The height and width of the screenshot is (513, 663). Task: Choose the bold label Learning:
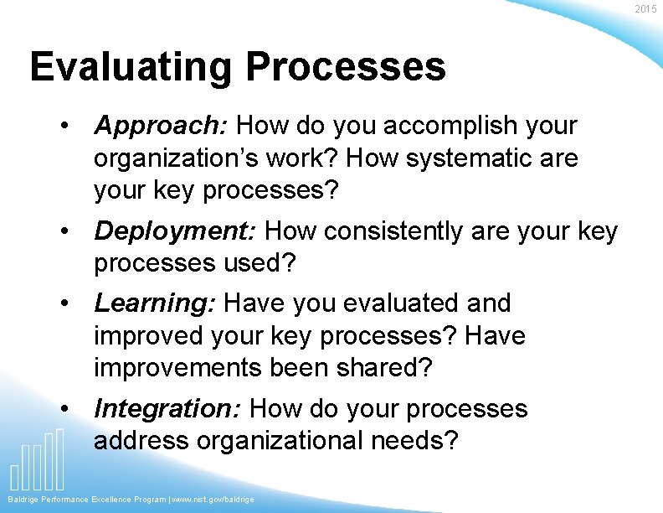(156, 303)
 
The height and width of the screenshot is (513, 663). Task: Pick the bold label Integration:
(167, 409)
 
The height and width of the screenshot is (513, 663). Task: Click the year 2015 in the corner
(645, 9)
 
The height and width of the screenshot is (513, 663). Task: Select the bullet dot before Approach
(64, 127)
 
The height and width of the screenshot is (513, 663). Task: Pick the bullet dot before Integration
(64, 409)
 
